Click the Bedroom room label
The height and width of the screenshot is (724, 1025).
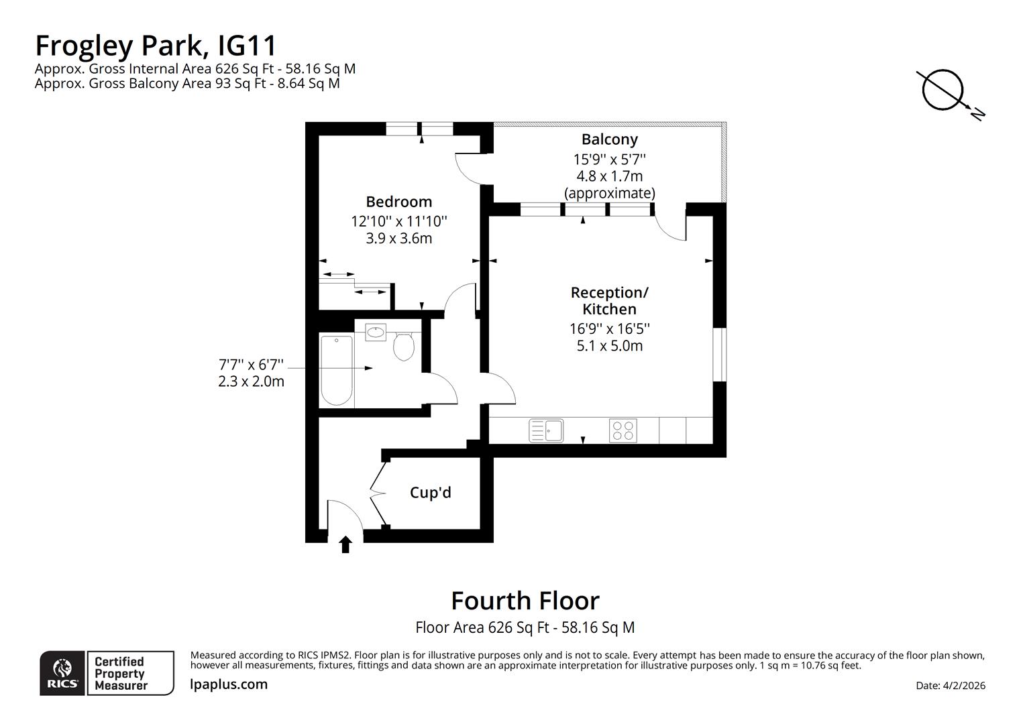398,202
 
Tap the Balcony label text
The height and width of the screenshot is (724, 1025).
609,139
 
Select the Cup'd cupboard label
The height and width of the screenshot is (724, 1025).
430,493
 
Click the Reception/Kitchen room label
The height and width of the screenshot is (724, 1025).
609,301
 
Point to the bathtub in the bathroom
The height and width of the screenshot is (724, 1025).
336,371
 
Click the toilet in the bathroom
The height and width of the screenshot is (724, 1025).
403,346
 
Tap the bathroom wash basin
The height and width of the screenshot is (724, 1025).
376,332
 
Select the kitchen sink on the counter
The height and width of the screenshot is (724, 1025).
546,430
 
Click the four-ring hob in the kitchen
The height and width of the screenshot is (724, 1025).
623,430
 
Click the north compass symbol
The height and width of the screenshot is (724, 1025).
944,91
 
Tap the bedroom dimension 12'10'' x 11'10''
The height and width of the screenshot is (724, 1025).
398,221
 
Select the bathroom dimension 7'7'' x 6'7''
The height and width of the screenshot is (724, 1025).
251,365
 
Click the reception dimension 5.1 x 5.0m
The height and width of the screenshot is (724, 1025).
609,346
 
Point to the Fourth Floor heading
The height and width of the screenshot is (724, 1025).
525,601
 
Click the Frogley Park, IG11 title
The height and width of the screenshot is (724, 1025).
156,46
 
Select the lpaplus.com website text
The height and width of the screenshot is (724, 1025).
229,684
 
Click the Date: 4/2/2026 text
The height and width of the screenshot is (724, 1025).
950,685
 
